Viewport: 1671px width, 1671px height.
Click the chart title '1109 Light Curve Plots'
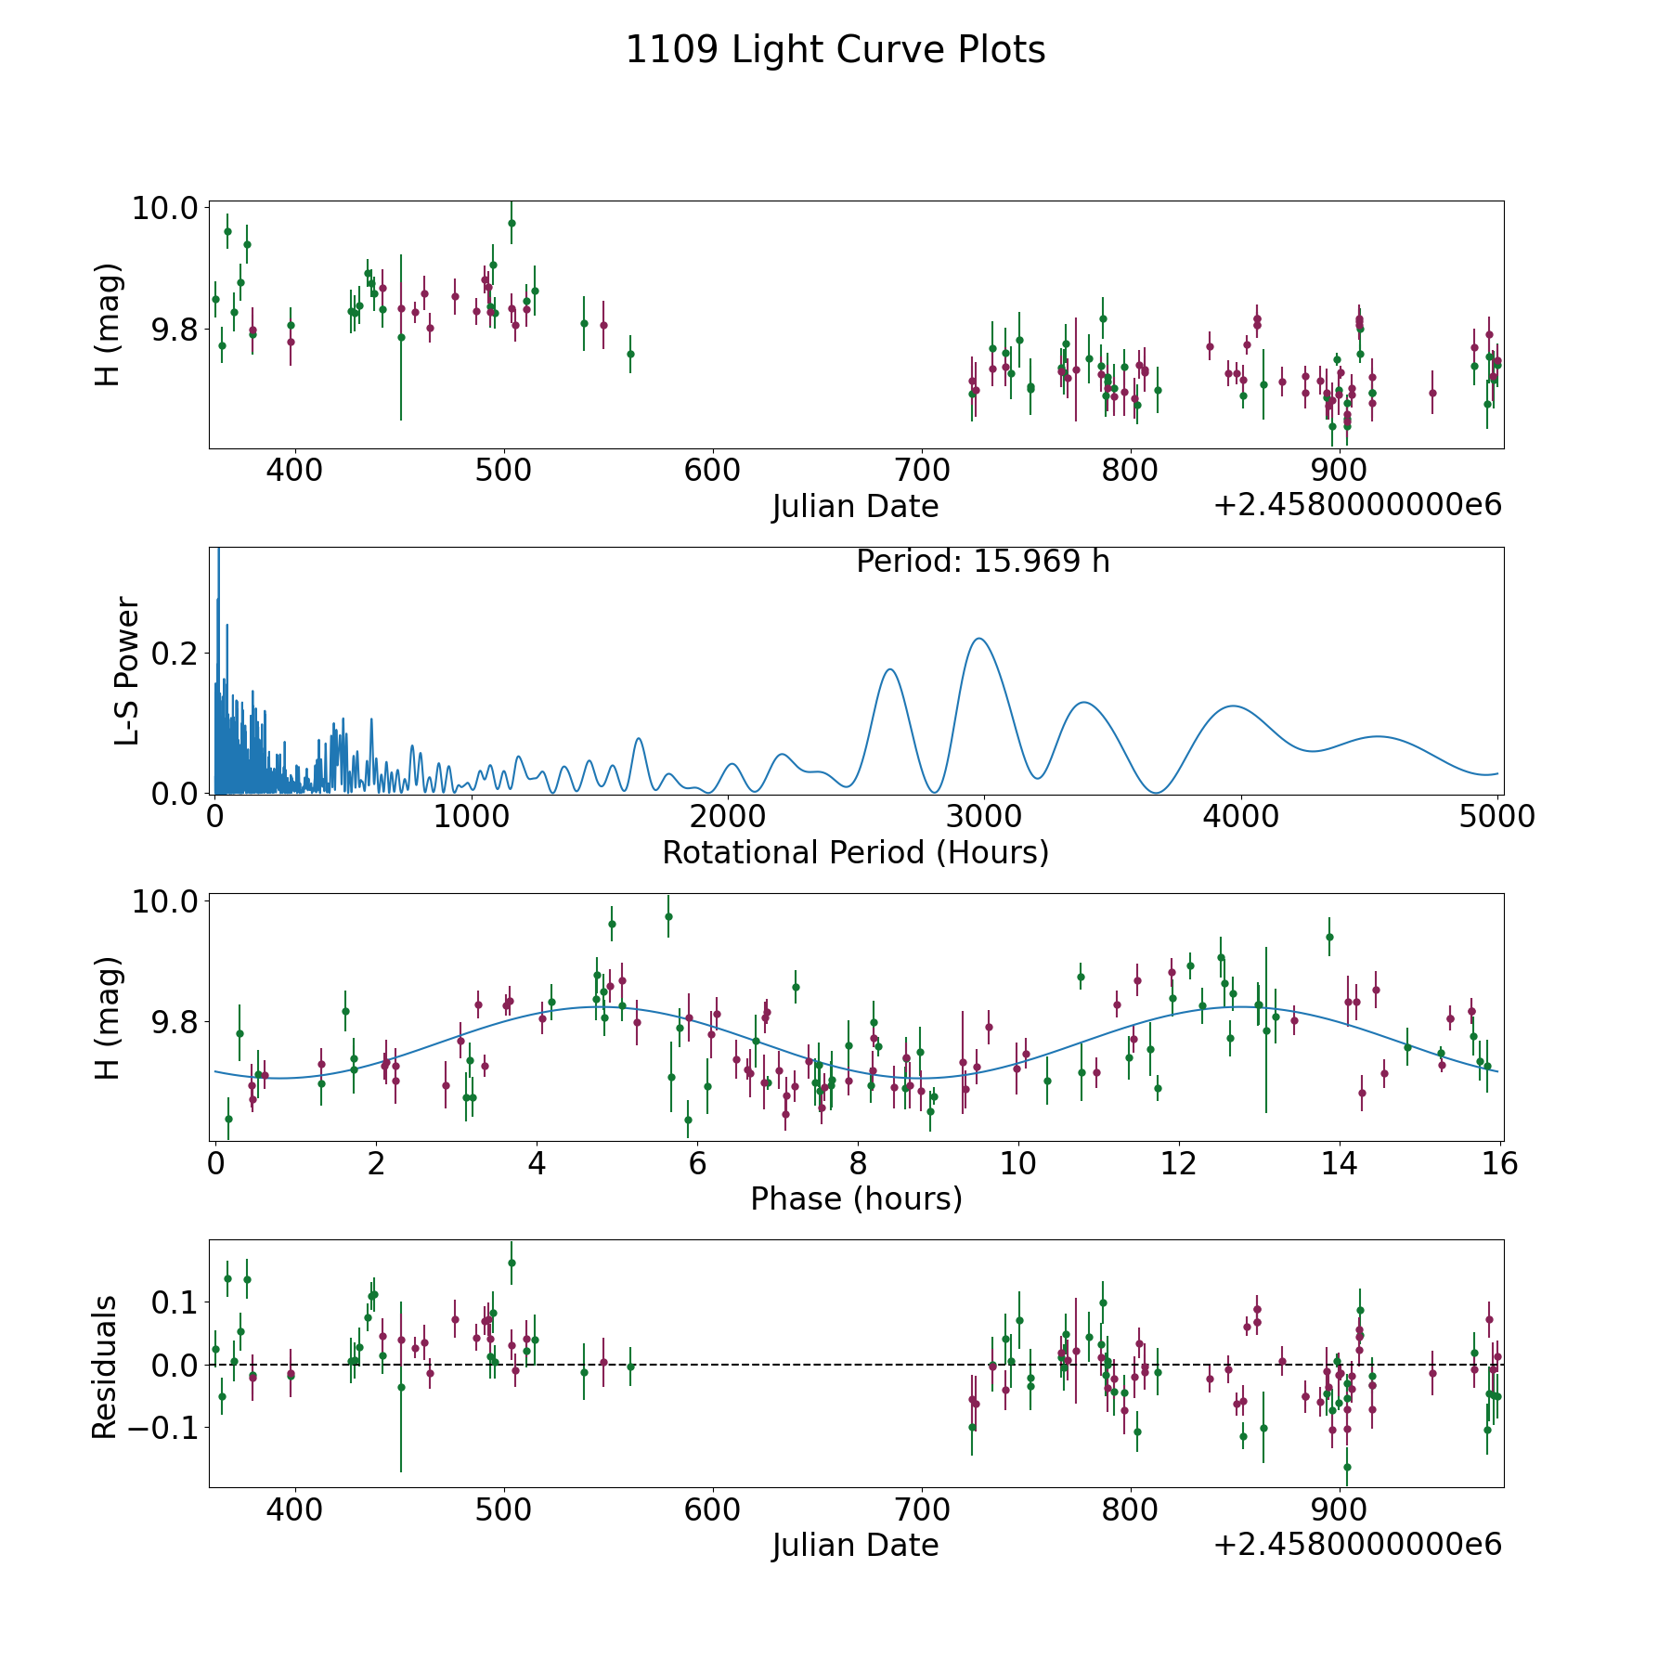point(835,50)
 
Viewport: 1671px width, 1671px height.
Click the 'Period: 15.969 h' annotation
point(983,562)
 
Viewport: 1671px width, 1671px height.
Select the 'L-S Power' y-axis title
point(126,670)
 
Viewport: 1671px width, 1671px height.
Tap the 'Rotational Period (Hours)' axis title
point(855,852)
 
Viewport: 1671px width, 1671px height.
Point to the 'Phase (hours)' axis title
point(856,1198)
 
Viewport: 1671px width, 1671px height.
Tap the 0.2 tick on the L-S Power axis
point(176,654)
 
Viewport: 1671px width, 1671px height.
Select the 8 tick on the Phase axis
point(858,1163)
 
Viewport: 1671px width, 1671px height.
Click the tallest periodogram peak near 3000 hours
point(978,638)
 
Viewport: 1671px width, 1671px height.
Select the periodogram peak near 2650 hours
point(889,668)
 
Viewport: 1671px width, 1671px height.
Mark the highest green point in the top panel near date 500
point(512,223)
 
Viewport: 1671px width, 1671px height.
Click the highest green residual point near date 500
point(512,1263)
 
